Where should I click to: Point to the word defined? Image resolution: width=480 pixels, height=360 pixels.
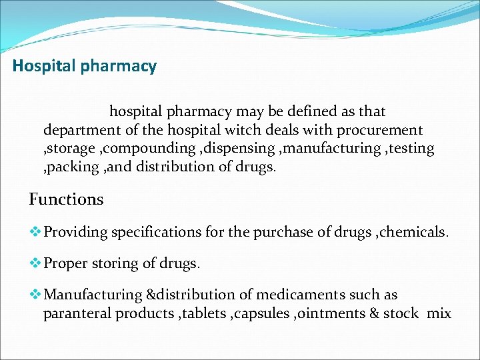coord(300,111)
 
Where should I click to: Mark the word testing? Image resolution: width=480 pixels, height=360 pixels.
coord(410,148)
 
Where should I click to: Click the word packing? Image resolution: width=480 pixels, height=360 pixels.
coord(72,167)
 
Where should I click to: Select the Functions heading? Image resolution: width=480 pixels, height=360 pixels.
coord(66,199)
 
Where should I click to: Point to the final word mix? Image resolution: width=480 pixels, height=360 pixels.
coord(438,313)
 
